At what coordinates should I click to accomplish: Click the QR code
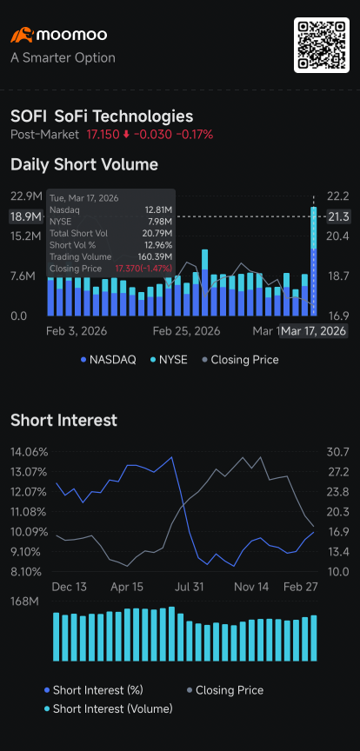tap(321, 45)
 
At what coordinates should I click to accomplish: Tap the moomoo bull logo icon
tap(22, 35)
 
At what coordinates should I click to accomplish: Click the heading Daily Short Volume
tap(84, 165)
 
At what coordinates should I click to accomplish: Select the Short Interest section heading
tap(63, 420)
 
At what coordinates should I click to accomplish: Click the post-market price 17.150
tap(103, 135)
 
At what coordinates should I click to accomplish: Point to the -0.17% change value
tap(195, 135)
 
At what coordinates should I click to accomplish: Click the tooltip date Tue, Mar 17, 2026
tap(84, 198)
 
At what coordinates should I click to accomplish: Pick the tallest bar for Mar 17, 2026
tap(314, 261)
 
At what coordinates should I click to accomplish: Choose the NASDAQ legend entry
tap(109, 360)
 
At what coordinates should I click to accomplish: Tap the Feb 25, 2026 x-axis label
tap(186, 331)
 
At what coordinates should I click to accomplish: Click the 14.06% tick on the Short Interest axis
tap(30, 452)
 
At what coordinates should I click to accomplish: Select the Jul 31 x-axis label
tap(190, 588)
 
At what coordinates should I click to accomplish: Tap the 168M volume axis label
tap(24, 602)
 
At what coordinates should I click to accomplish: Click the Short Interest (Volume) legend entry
tap(109, 708)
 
